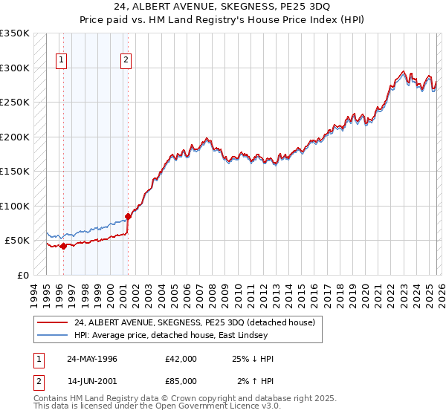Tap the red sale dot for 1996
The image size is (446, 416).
pyautogui.click(x=63, y=246)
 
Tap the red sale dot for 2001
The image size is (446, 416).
pyautogui.click(x=128, y=216)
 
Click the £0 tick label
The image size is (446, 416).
pyautogui.click(x=24, y=275)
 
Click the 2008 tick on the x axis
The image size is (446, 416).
pyautogui.click(x=213, y=293)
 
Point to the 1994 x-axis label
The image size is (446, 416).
pyautogui.click(x=36, y=293)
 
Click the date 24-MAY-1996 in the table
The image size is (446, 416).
pyautogui.click(x=92, y=359)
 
